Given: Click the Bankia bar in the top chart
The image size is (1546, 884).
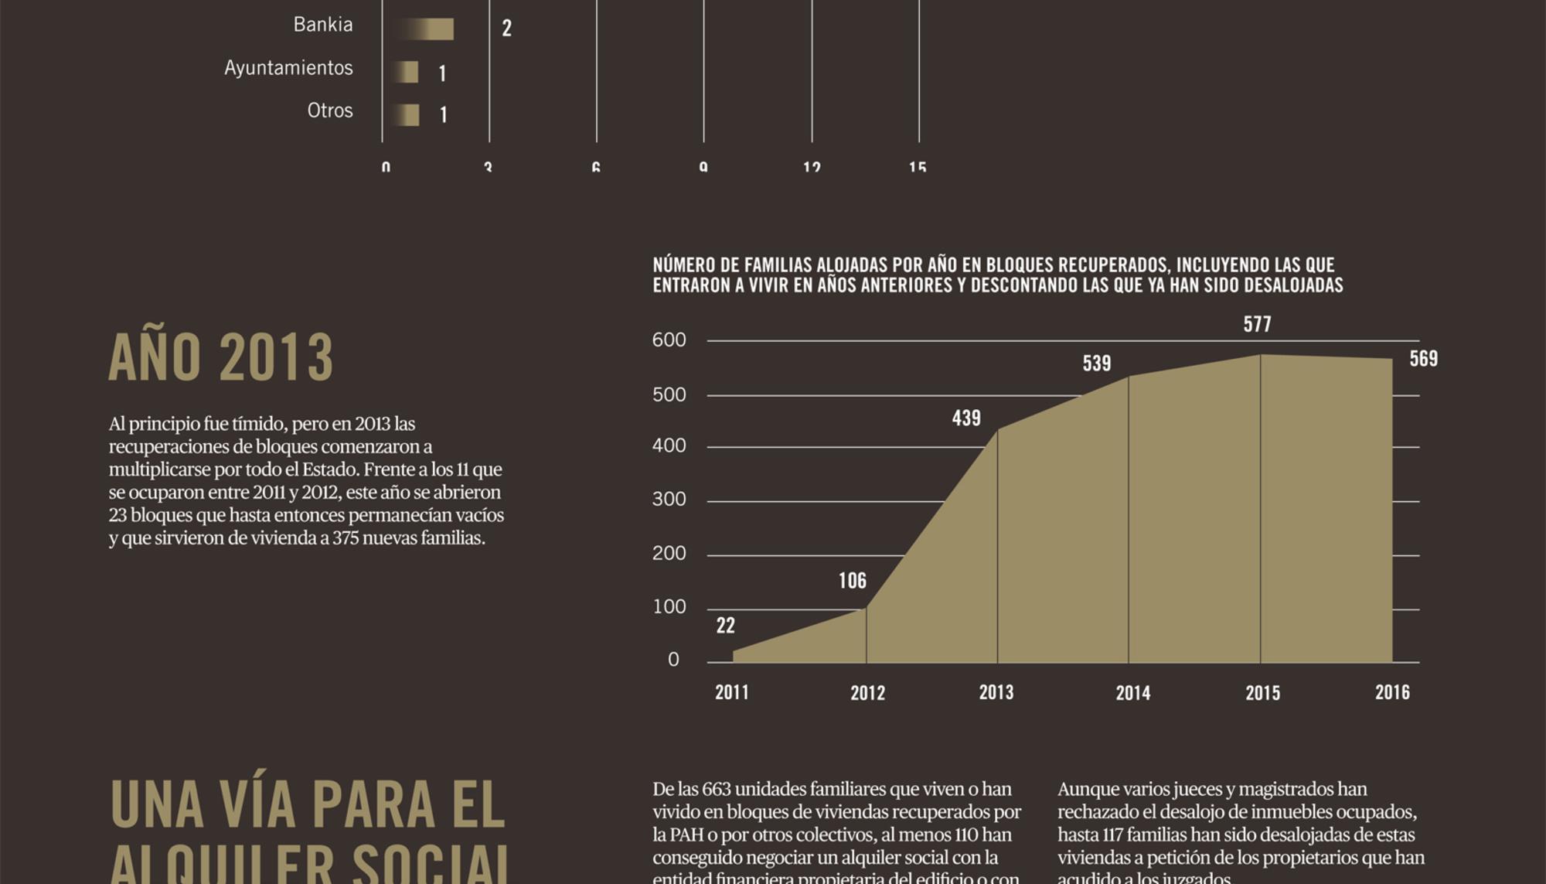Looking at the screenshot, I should (425, 29).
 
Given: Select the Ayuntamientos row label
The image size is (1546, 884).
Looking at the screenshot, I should (288, 68).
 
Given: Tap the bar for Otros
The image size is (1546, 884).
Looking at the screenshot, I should (406, 114).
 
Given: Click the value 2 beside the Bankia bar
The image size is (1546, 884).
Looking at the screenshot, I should (506, 29).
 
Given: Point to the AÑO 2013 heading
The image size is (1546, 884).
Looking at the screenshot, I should (221, 357).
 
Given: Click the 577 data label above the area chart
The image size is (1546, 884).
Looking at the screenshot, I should (1257, 324).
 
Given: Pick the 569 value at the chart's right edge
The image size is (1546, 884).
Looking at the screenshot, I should (1423, 359).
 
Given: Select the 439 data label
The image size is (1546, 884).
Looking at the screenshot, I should (966, 418).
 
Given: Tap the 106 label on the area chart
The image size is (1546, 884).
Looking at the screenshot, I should (852, 581).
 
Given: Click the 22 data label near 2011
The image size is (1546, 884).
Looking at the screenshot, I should (725, 626).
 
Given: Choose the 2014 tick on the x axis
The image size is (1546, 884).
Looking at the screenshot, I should (1132, 693).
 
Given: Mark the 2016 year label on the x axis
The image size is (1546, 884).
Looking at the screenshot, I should (1391, 692).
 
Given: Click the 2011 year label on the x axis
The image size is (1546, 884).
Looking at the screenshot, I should (731, 692).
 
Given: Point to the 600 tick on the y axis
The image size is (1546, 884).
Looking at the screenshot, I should (669, 340).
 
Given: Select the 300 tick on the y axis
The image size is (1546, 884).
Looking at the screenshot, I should (669, 500).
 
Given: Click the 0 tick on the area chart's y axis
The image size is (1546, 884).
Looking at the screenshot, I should (673, 660).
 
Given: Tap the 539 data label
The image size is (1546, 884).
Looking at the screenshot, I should (1096, 363).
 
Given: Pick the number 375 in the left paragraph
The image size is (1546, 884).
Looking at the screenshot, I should (346, 538).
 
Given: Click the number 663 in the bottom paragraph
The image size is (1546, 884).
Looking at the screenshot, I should (716, 790).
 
